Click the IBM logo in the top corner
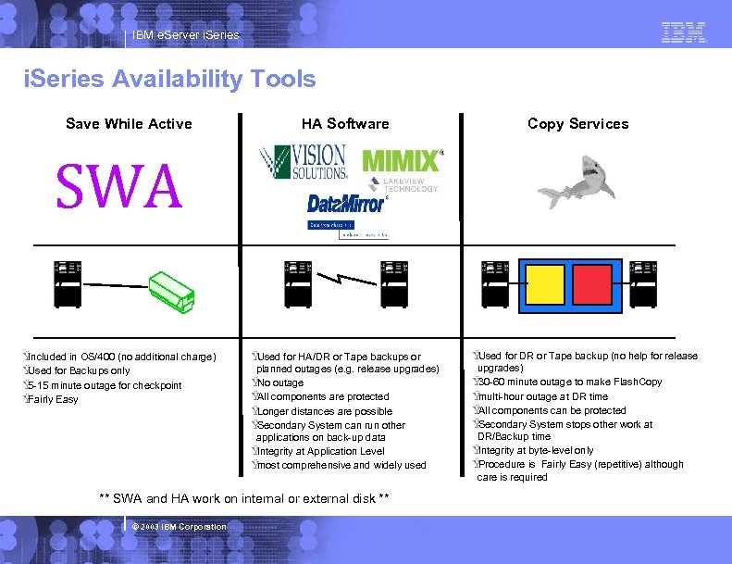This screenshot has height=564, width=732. [684, 33]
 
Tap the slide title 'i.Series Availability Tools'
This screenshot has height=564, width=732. [169, 80]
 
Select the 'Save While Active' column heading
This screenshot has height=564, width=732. [129, 124]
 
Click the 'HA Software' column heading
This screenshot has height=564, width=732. [345, 124]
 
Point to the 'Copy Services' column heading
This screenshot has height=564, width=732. [577, 124]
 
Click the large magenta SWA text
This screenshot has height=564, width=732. [119, 187]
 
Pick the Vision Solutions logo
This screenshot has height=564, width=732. [304, 162]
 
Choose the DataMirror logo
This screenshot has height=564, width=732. [346, 203]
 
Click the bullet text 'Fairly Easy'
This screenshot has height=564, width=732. [53, 400]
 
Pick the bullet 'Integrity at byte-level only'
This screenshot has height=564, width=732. [536, 451]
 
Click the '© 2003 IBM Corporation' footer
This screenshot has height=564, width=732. [179, 527]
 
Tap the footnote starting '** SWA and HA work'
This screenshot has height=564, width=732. [244, 499]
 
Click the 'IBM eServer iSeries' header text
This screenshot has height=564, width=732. [185, 35]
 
